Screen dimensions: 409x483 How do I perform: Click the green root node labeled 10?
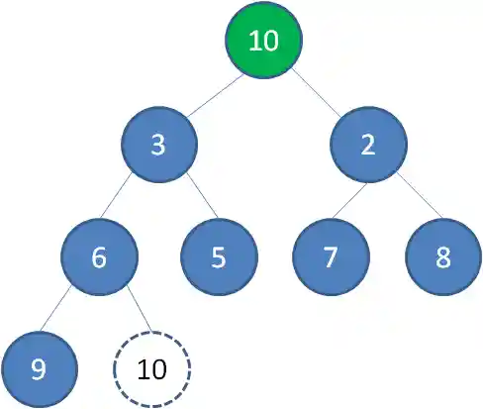[x=263, y=42]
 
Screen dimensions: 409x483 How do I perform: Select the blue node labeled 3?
[x=159, y=145]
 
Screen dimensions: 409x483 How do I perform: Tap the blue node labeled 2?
[x=368, y=145]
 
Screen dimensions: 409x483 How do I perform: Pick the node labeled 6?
[x=99, y=257]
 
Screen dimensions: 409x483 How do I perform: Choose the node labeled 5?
[x=219, y=257]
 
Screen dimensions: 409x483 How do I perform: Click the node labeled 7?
[x=331, y=257]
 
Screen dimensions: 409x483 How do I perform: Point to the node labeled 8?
[x=442, y=257]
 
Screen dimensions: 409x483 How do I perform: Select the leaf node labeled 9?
[x=39, y=369]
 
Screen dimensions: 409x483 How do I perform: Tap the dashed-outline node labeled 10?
[x=151, y=369]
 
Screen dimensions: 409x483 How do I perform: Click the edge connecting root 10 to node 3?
[x=211, y=93]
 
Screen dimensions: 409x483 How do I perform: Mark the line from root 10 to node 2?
[x=316, y=93]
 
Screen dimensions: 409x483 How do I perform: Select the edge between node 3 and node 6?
[x=129, y=201]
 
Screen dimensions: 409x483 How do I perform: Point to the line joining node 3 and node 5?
[x=189, y=201]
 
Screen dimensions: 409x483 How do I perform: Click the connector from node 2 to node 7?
[x=349, y=201]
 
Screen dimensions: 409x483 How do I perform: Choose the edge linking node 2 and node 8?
[x=406, y=201]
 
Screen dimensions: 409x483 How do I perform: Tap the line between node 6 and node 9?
[x=69, y=313]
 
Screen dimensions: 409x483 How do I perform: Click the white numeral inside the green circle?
[x=263, y=42]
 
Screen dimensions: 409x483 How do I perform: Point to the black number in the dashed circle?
[x=151, y=370]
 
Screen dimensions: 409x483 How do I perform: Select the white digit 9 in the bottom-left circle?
[x=39, y=370]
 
